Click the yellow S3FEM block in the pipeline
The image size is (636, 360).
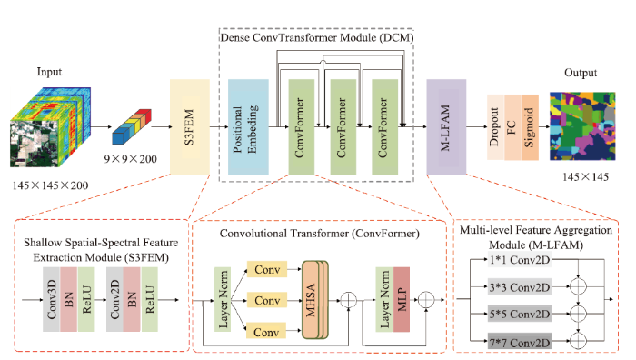pyautogui.click(x=191, y=125)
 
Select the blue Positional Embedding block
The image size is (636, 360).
pyautogui.click(x=246, y=125)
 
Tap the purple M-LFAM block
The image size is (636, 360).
pyautogui.click(x=447, y=125)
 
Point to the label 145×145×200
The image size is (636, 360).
pyautogui.click(x=49, y=186)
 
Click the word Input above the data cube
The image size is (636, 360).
pyautogui.click(x=50, y=73)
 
